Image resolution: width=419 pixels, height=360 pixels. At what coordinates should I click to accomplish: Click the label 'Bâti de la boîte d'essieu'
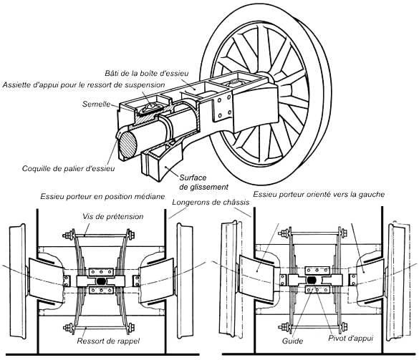pos(146,73)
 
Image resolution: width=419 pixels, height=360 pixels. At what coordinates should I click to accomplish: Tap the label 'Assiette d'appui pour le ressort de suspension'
pos(84,85)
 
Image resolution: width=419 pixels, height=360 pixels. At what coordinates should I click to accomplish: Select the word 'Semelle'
pos(96,104)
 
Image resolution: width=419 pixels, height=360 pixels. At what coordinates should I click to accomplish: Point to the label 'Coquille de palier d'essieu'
pos(69,168)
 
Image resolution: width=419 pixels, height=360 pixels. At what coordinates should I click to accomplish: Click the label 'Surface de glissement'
pos(204,182)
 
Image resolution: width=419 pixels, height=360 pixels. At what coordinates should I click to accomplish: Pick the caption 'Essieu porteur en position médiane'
pos(102,197)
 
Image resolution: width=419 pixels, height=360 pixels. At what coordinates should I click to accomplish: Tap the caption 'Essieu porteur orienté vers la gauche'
pos(319,194)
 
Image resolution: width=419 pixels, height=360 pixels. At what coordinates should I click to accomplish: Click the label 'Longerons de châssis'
pos(211,202)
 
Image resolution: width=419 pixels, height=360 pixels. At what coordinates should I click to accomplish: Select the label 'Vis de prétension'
pos(113,216)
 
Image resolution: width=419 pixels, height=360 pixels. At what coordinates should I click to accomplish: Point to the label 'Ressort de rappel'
pos(108,341)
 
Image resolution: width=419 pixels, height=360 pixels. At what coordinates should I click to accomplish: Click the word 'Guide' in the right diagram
pos(293,341)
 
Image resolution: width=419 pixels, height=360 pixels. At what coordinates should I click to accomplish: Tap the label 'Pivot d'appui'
pos(350,339)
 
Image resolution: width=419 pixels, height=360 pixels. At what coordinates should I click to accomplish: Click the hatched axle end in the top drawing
pos(127,145)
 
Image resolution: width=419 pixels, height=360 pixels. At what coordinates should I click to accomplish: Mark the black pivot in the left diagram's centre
pos(101,281)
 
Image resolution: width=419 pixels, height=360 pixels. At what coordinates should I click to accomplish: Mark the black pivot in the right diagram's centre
pos(311,280)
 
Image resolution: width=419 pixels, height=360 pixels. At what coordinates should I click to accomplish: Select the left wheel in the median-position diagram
pos(18,281)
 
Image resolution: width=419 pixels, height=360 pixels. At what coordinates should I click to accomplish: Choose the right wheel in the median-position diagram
pos(186,281)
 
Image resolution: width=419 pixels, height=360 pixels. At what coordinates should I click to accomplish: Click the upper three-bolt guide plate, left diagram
pos(101,272)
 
